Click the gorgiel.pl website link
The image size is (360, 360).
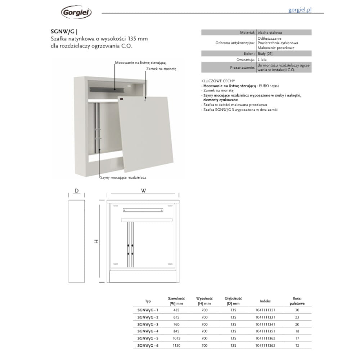click(300, 10)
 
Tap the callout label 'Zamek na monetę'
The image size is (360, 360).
click(161, 68)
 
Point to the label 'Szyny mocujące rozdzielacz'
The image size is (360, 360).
click(123, 177)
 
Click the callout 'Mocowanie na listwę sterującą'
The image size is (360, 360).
click(140, 63)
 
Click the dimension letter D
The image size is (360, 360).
click(77, 191)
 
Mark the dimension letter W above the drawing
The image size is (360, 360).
click(144, 191)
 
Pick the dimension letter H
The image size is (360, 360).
click(96, 242)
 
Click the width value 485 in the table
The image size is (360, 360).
click(176, 310)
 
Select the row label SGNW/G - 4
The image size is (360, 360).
click(148, 331)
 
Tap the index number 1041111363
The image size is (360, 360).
click(265, 345)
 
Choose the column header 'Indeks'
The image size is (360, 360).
click(265, 301)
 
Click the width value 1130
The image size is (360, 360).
click(176, 345)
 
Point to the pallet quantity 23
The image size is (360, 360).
click(297, 317)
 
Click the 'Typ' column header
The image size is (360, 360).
click(148, 301)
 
